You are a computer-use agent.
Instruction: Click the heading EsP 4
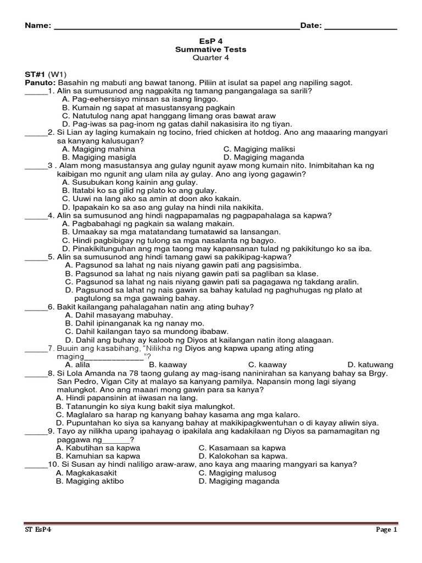pyautogui.click(x=210, y=41)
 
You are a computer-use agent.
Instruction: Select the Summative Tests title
pyautogui.click(x=210, y=49)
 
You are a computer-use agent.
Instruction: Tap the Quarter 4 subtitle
pyautogui.click(x=210, y=58)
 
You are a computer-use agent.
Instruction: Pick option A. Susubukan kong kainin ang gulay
pyautogui.click(x=130, y=182)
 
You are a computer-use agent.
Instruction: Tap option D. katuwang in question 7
pyautogui.click(x=370, y=365)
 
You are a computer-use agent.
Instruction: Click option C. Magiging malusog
pyautogui.click(x=237, y=473)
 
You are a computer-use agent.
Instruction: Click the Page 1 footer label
pyautogui.click(x=386, y=530)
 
